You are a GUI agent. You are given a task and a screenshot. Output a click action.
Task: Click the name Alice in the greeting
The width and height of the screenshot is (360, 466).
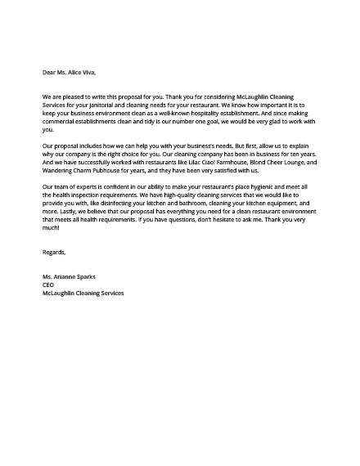click(x=74, y=73)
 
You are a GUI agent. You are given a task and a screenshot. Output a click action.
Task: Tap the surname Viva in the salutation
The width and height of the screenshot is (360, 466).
click(x=90, y=73)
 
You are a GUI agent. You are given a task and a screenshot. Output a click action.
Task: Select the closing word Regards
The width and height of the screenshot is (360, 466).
click(x=54, y=253)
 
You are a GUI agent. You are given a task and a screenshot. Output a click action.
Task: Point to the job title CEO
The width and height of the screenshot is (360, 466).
click(x=48, y=285)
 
